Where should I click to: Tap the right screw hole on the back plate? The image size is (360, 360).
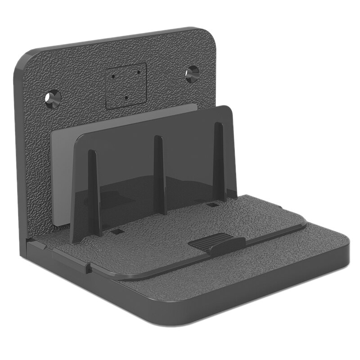click(192, 73)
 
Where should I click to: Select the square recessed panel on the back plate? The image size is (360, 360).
click(126, 85)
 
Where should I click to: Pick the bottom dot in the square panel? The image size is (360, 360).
click(127, 98)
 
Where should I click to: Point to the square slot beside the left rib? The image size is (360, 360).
click(117, 231)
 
